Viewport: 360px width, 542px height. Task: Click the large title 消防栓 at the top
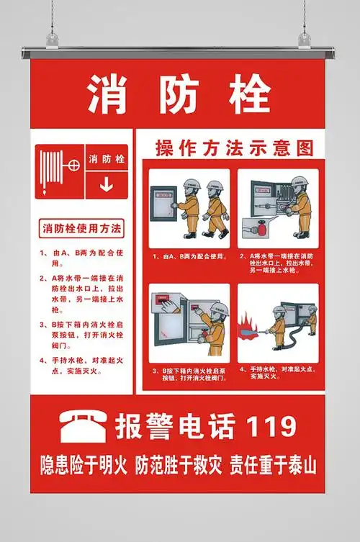click(179, 94)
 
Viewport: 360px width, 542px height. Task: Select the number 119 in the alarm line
click(271, 426)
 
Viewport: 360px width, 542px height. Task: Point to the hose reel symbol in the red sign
click(60, 171)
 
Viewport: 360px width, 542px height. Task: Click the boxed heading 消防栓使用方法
click(82, 229)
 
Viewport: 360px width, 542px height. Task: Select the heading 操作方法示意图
click(235, 148)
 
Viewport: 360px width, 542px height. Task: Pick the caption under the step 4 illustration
click(278, 372)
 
